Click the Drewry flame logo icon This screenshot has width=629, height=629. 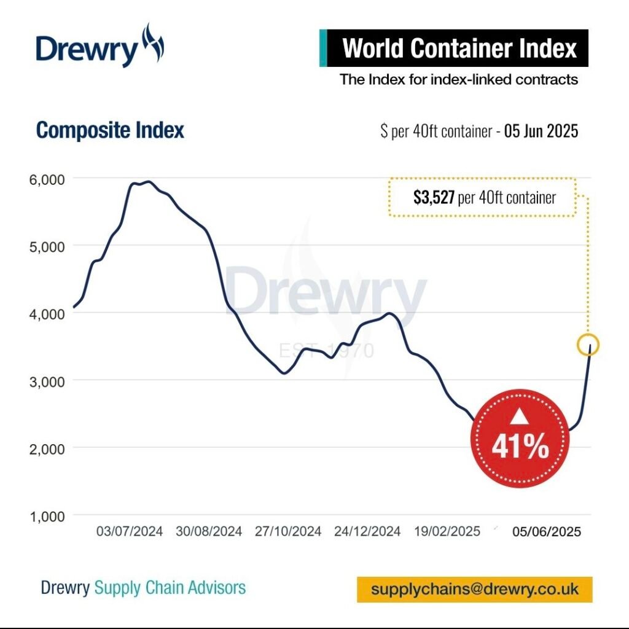152,44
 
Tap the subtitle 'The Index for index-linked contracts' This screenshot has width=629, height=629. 459,79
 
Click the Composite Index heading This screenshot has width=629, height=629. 110,130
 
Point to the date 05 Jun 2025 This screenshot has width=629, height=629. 541,131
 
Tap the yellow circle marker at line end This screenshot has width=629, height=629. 588,345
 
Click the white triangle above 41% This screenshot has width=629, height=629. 520,418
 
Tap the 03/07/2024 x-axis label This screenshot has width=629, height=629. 130,531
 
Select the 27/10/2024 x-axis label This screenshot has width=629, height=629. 288,531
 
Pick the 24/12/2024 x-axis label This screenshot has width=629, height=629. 367,531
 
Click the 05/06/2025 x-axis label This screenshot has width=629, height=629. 547,532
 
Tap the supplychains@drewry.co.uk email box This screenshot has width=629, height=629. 475,589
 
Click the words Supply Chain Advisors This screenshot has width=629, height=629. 170,587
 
